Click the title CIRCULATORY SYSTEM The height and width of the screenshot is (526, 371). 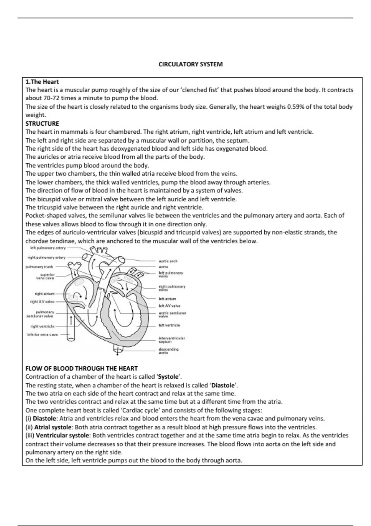pos(190,64)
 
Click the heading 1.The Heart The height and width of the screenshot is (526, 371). pos(42,82)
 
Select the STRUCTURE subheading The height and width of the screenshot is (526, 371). pos(42,123)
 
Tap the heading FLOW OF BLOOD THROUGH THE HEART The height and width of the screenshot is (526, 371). pos(81,369)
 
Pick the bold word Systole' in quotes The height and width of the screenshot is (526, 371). pos(169,377)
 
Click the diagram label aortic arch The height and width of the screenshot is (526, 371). pos(168,261)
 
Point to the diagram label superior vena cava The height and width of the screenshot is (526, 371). pos(46,276)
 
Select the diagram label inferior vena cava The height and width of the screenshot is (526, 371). pos(43,334)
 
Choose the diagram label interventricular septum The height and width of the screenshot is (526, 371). pos(172,340)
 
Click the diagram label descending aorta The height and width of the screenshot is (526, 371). pos(168,351)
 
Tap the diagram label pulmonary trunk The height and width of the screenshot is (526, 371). pos(39,267)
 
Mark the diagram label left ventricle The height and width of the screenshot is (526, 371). pos(169,325)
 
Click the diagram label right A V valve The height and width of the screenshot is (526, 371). pos(42,302)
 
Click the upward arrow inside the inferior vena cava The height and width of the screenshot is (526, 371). pos(71,321)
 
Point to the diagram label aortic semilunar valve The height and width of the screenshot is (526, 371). pos(172,315)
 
